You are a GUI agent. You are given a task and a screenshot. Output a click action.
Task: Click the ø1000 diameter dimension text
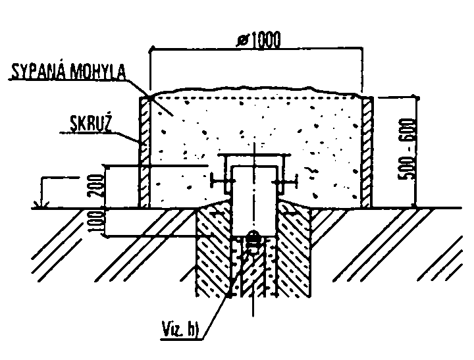tap(259, 39)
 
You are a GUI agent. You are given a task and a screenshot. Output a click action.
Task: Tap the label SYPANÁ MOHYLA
tap(68, 72)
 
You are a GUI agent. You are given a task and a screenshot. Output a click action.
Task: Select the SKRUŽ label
tap(90, 123)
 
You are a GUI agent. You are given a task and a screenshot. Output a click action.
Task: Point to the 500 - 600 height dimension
tap(407, 149)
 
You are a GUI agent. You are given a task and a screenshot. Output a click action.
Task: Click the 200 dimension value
tap(96, 186)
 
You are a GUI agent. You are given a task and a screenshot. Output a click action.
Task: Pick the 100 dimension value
tap(96, 222)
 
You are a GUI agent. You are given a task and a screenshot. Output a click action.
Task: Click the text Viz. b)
tap(180, 329)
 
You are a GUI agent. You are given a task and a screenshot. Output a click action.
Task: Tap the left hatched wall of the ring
tap(144, 152)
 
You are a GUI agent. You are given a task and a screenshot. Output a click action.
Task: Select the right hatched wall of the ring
tap(367, 152)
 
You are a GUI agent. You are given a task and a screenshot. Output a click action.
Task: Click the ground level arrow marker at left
tap(41, 205)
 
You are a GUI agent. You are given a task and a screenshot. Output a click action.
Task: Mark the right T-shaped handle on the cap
tap(286, 182)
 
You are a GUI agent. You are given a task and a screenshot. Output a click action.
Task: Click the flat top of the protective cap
tap(254, 156)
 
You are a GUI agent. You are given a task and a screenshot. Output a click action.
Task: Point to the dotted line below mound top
tap(255, 97)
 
